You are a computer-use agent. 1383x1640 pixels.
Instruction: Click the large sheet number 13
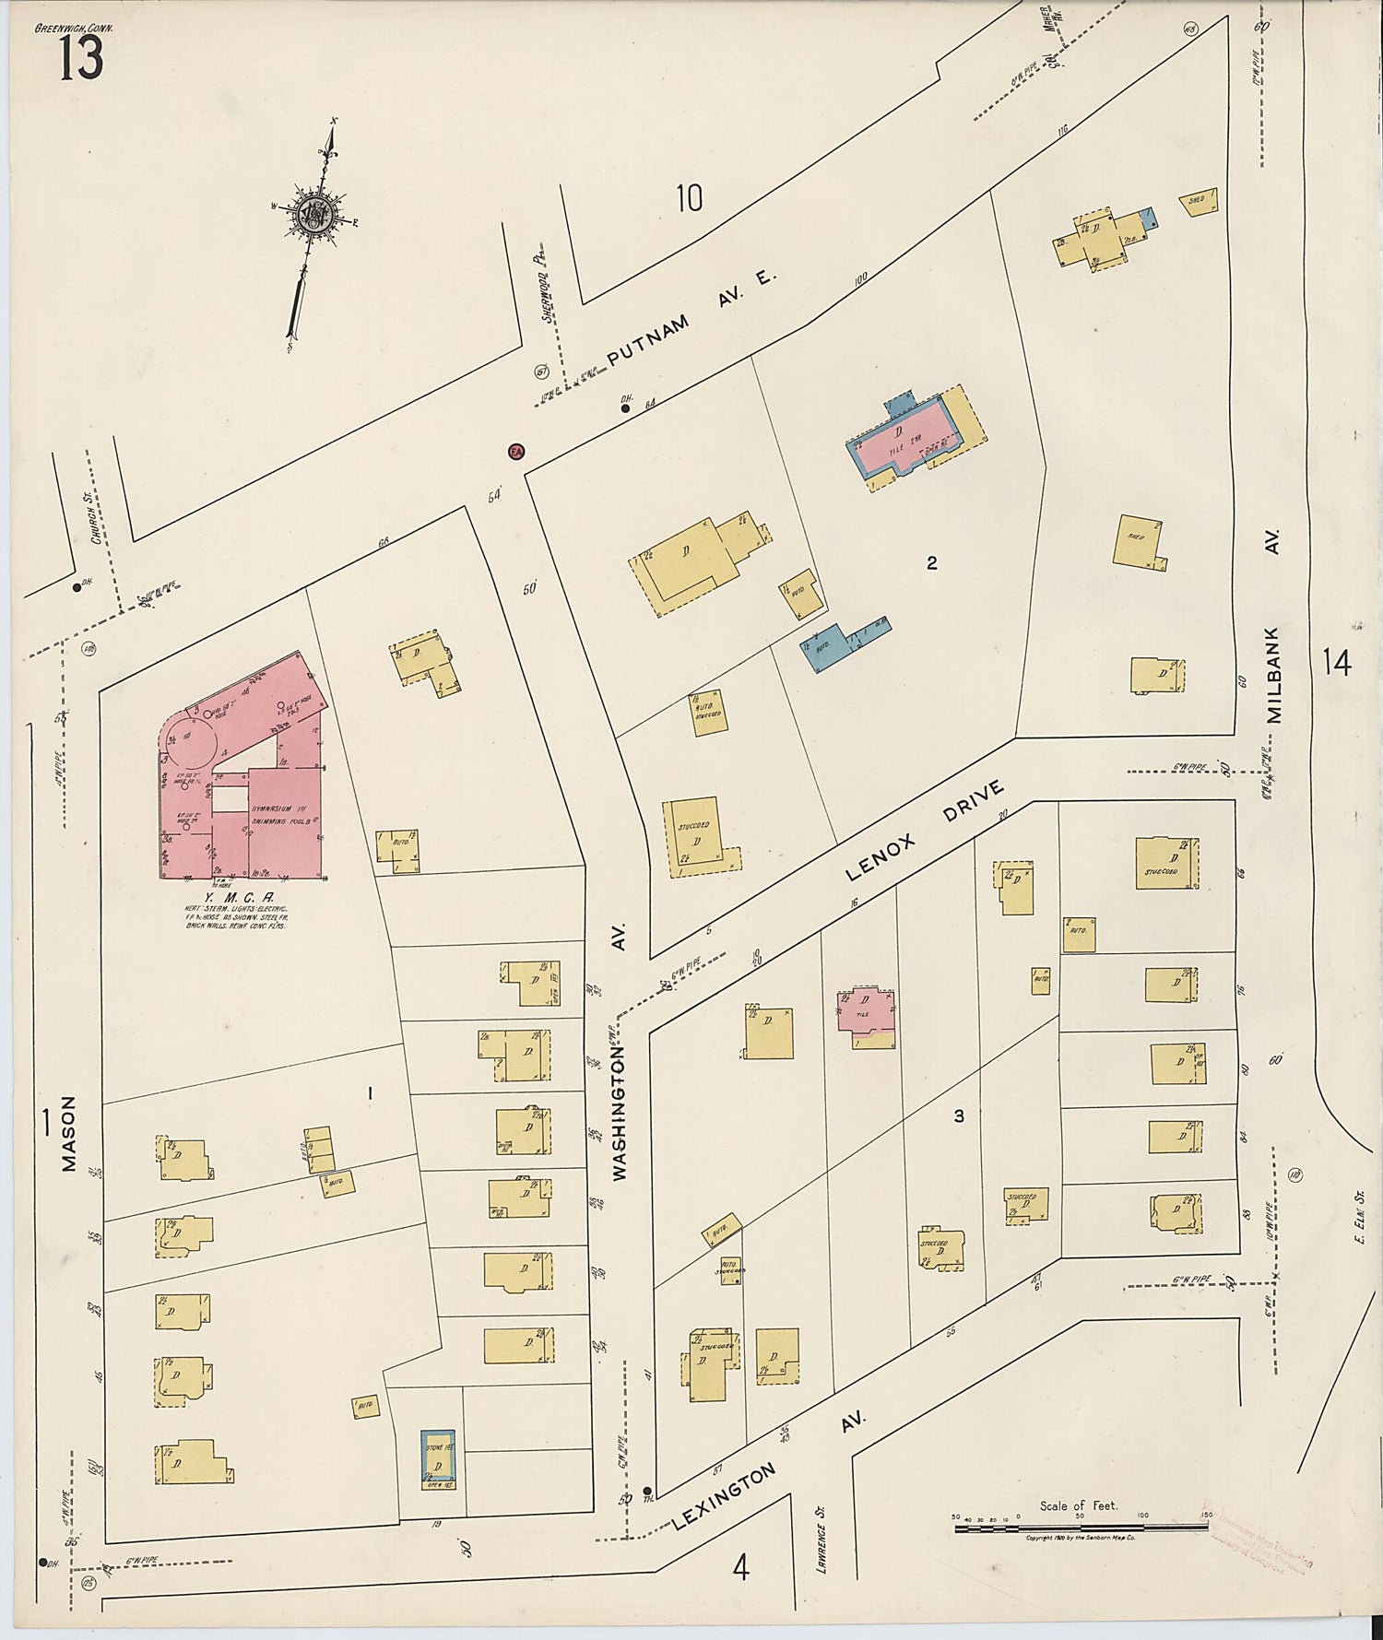[x=81, y=60]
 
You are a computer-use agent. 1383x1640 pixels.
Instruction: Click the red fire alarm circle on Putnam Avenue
[x=516, y=452]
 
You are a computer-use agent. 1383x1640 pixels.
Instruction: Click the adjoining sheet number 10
[x=689, y=197]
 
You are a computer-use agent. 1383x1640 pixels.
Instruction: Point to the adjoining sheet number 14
[x=1336, y=662]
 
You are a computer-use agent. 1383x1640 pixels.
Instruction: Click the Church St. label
[x=96, y=524]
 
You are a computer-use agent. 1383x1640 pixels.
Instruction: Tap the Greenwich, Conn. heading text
[x=74, y=29]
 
